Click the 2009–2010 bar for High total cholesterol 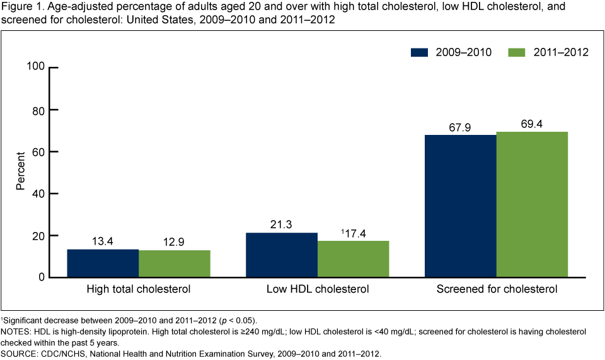[103, 264]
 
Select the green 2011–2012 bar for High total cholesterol [175, 264]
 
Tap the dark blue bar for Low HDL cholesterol [282, 255]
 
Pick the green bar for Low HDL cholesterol [354, 259]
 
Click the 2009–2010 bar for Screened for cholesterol [461, 206]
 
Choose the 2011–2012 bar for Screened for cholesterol [533, 205]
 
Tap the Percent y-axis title [21, 171]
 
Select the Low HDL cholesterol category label [318, 290]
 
